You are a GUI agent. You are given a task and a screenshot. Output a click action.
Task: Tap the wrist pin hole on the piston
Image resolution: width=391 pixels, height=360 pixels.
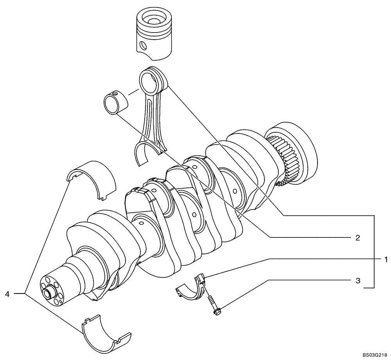click(x=144, y=46)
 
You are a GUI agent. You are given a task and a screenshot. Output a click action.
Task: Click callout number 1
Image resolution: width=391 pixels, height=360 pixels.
click(x=385, y=259)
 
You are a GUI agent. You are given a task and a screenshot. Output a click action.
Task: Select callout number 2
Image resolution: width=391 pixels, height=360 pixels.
click(x=357, y=238)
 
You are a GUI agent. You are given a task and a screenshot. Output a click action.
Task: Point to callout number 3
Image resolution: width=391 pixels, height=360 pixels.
click(x=357, y=281)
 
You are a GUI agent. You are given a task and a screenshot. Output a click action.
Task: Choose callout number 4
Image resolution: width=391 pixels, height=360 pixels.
click(x=8, y=293)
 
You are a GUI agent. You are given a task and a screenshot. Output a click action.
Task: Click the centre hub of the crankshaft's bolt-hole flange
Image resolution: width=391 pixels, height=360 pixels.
click(x=50, y=292)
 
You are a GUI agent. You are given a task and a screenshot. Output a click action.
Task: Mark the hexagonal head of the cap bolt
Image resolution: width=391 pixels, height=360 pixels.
click(x=216, y=311)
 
